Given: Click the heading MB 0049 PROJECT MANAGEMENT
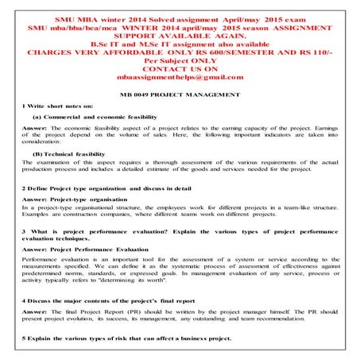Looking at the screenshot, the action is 179,95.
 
